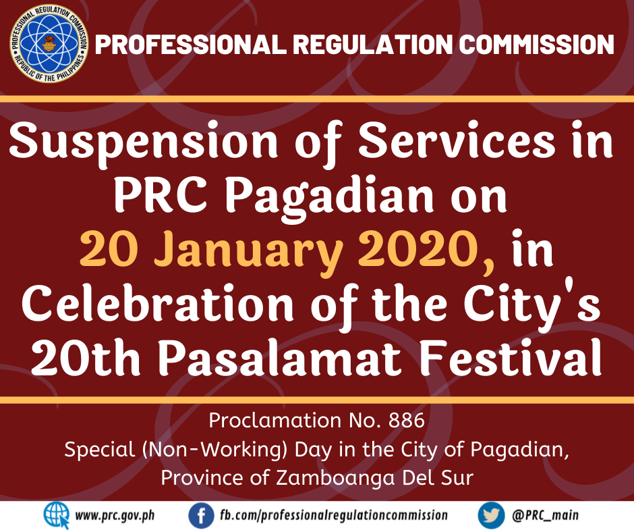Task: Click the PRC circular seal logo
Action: click(49, 44)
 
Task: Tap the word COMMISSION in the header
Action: click(537, 44)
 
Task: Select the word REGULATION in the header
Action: click(373, 44)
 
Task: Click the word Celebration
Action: click(158, 304)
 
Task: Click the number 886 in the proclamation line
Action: click(406, 421)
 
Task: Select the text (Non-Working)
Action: click(214, 450)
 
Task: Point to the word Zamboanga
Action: click(335, 479)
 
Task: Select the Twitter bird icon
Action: click(491, 516)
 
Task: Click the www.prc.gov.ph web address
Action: click(115, 516)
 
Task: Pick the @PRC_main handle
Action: click(546, 515)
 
